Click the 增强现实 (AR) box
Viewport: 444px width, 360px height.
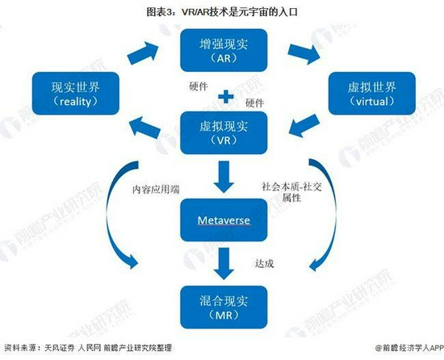point(224,50)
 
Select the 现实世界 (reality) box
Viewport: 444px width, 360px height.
point(76,94)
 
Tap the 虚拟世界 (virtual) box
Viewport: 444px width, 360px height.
point(372,94)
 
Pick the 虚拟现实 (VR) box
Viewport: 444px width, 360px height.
point(224,132)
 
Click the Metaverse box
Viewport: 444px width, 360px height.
point(224,220)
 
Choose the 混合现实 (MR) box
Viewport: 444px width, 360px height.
point(224,308)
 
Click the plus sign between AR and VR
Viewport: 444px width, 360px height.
point(226,97)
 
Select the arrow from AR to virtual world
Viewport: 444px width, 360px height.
point(304,54)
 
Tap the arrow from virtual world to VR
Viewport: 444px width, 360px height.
point(304,125)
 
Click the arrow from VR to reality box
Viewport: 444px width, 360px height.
point(145,128)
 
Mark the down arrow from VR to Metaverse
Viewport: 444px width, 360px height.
point(224,177)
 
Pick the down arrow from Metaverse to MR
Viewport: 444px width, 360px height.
point(224,263)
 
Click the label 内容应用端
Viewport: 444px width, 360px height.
point(156,190)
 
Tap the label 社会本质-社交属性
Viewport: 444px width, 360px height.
point(291,192)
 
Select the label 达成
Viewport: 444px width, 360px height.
point(264,263)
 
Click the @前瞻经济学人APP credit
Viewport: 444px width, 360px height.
point(409,348)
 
